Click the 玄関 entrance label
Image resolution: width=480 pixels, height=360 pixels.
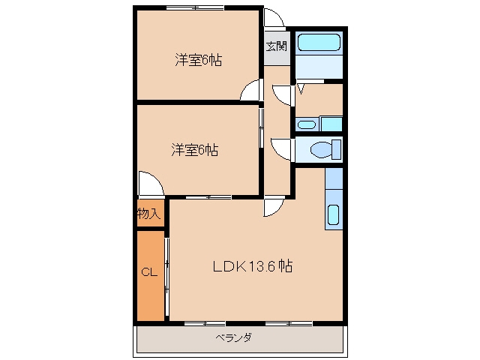(x=277, y=46)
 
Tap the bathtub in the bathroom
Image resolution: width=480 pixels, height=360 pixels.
(x=319, y=42)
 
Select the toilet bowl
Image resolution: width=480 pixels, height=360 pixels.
(x=321, y=150)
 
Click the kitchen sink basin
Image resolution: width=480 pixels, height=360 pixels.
(x=333, y=214)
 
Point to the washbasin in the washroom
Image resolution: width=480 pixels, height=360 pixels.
(x=307, y=125)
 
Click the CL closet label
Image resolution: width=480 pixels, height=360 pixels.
(x=149, y=272)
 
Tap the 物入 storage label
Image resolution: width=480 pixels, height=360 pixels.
(x=148, y=213)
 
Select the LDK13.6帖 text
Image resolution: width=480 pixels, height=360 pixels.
(x=253, y=266)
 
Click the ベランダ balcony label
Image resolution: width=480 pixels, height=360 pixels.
(x=234, y=338)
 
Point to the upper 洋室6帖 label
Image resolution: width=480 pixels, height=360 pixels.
(x=198, y=60)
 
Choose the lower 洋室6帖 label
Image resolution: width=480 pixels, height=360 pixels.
(x=195, y=150)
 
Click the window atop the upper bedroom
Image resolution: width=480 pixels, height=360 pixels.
(x=195, y=7)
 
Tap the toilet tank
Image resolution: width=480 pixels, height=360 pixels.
(x=337, y=149)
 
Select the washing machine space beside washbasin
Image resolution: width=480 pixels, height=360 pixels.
(x=331, y=124)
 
